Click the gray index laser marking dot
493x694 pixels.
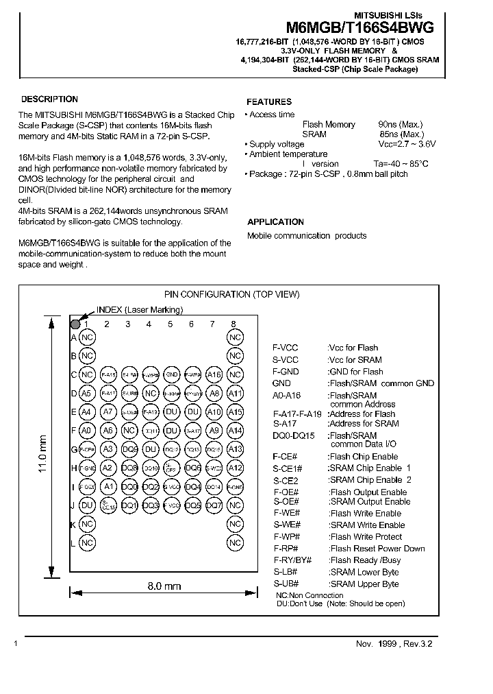pos(75,323)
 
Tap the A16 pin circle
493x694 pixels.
pos(214,375)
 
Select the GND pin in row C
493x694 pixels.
pos(172,375)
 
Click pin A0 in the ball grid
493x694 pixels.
pos(86,431)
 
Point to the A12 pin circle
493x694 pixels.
pos(235,468)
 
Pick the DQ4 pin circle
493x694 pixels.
pos(192,486)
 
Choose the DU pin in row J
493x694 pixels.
pos(86,505)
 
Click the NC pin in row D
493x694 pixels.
pos(150,394)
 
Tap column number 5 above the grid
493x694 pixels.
pos(170,324)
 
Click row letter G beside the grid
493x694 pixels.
pos(73,449)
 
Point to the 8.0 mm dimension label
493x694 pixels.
pos(164,586)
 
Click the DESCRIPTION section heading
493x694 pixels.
pos(49,99)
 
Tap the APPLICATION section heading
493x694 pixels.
pos(275,222)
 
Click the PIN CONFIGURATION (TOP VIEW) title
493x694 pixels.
pos(232,294)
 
